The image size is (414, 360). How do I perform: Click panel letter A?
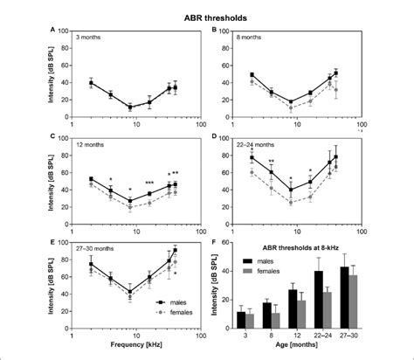click(x=54, y=30)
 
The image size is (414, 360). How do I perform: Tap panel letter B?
click(x=216, y=30)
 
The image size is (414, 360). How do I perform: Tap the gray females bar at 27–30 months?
click(x=354, y=301)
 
